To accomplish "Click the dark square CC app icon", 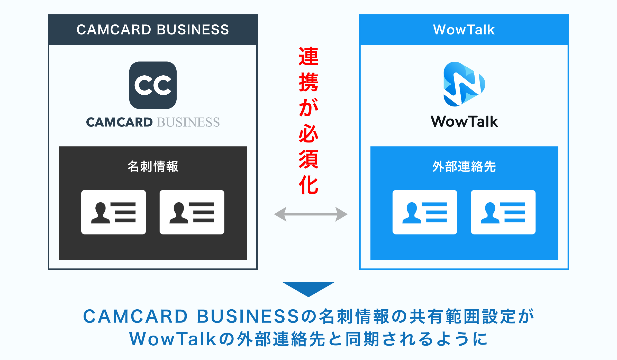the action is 153,85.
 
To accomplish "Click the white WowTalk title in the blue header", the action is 464,30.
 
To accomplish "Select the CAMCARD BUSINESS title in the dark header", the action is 153,30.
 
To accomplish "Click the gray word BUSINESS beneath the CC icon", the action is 188,122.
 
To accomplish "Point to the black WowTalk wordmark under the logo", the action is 464,122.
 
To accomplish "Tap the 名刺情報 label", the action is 153,166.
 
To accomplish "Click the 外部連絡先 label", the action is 464,166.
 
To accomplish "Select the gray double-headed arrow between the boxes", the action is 311,214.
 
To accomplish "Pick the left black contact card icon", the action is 113,212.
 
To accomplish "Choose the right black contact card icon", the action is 192,212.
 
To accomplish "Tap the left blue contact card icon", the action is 425,212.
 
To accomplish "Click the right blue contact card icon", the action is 503,212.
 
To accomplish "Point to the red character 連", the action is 308,56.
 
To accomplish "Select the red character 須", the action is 308,159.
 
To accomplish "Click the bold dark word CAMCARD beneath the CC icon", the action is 120,122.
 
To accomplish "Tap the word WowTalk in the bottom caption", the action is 173,339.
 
